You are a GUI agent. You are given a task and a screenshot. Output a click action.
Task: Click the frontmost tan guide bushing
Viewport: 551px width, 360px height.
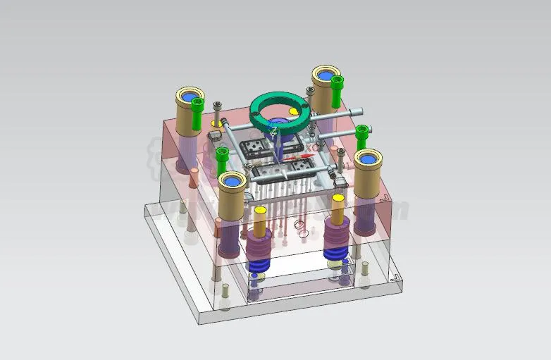click(232, 193)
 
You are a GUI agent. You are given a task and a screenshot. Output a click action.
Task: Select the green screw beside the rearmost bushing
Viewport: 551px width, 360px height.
click(338, 90)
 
